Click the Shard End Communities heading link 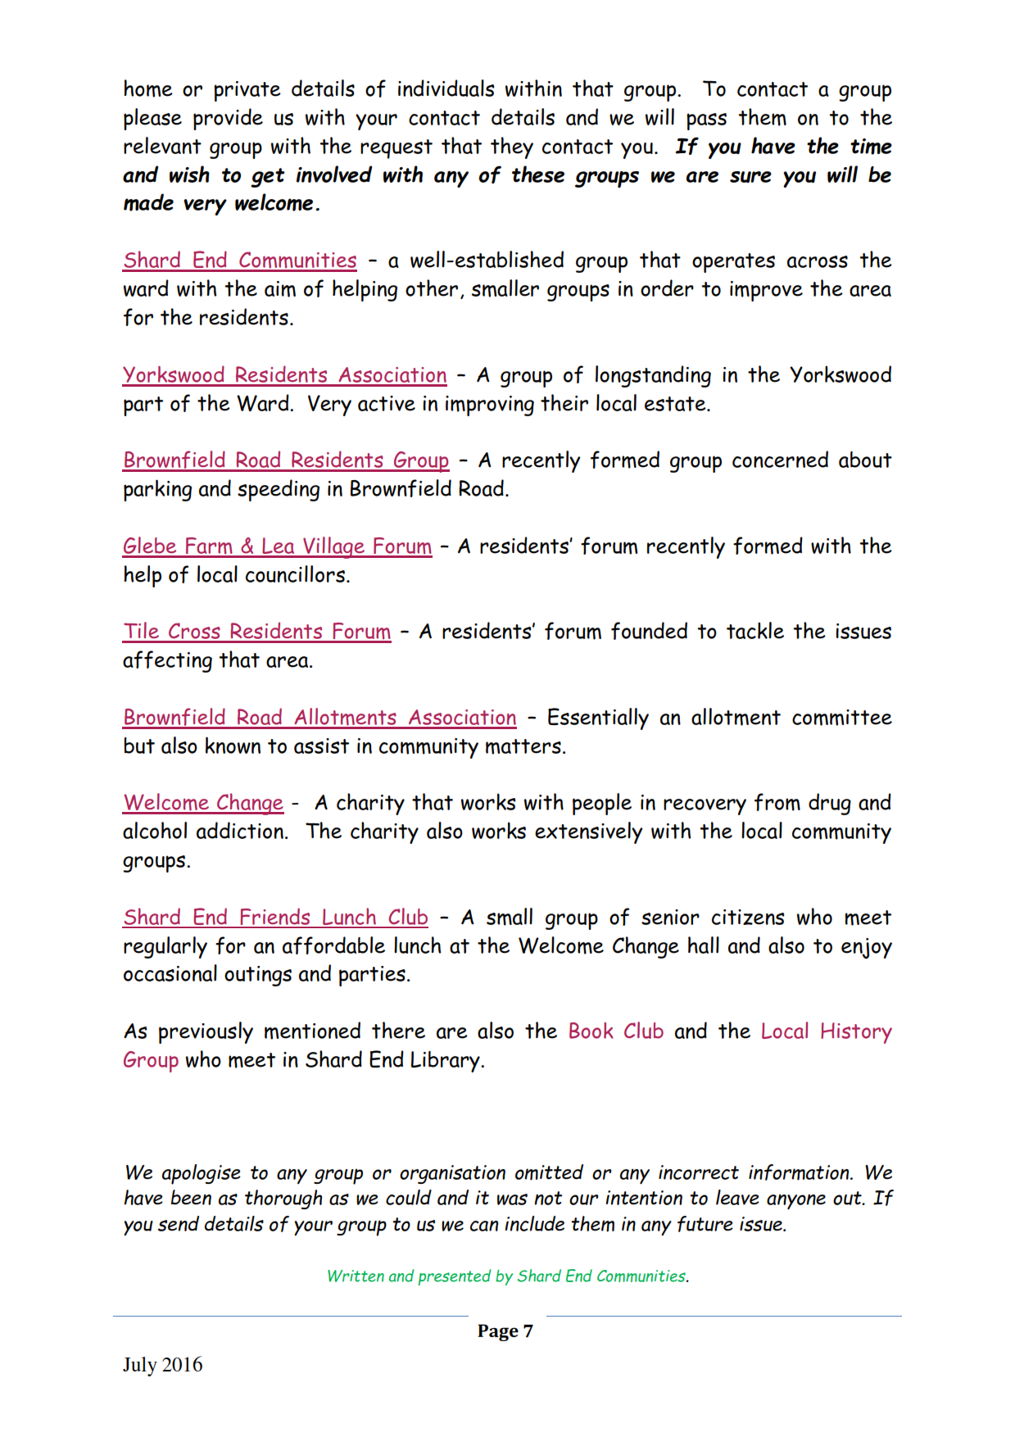pyautogui.click(x=240, y=261)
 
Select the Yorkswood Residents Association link pyautogui.click(x=284, y=375)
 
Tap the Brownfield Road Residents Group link pyautogui.click(x=286, y=460)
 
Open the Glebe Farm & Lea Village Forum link pyautogui.click(x=277, y=546)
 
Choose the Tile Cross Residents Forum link pyautogui.click(x=256, y=632)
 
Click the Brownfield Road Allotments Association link pyautogui.click(x=319, y=718)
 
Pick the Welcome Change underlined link pyautogui.click(x=203, y=803)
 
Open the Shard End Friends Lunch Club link pyautogui.click(x=275, y=918)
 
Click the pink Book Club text pyautogui.click(x=615, y=1031)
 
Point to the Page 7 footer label pyautogui.click(x=505, y=1331)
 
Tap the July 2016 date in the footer pyautogui.click(x=162, y=1365)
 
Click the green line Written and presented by pyautogui.click(x=507, y=1276)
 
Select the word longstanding pyautogui.click(x=652, y=375)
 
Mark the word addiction pyautogui.click(x=242, y=832)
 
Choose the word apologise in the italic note pyautogui.click(x=201, y=1173)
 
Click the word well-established pyautogui.click(x=487, y=261)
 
